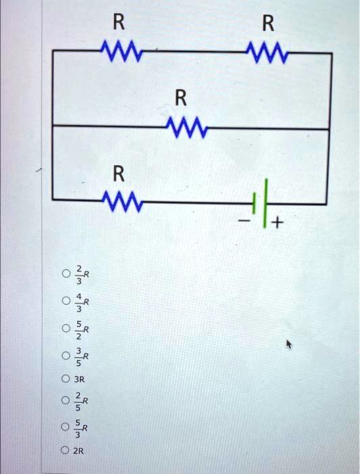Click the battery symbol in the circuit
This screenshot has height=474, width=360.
(x=261, y=201)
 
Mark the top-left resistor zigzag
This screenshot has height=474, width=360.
(x=119, y=51)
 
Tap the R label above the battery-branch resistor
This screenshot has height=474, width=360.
(x=118, y=174)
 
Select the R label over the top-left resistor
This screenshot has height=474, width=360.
(x=118, y=24)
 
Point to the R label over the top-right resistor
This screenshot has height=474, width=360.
(x=268, y=24)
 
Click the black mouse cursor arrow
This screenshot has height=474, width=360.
(x=289, y=345)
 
